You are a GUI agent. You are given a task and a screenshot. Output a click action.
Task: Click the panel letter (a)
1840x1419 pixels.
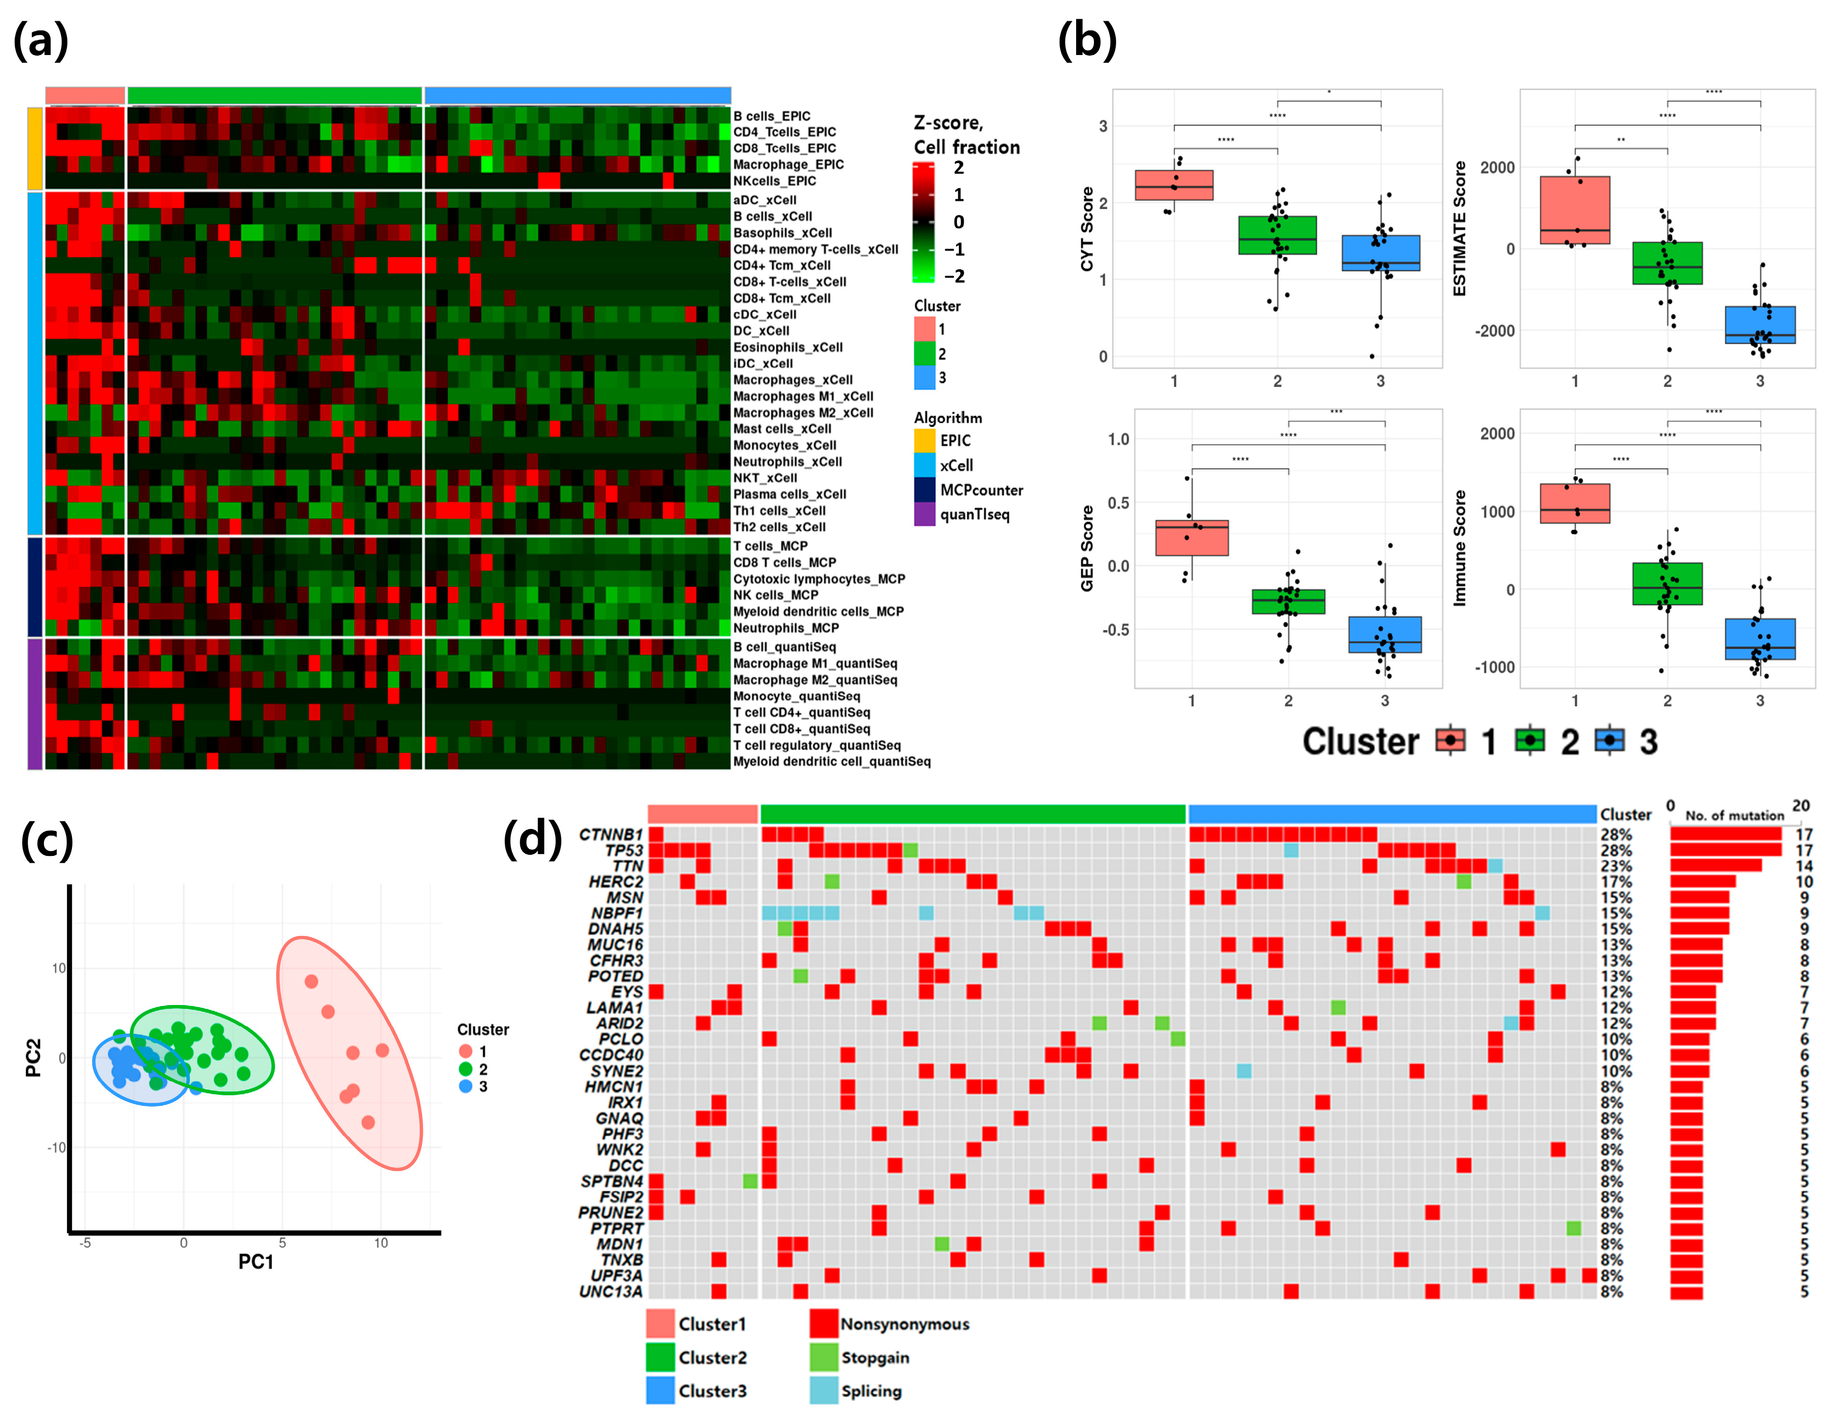point(41,41)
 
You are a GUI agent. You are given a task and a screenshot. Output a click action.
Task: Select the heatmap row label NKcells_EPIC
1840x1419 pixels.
point(774,181)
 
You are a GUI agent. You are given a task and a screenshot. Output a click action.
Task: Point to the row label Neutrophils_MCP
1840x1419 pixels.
point(785,628)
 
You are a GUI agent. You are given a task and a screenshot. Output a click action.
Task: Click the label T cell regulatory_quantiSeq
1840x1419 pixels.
point(816,745)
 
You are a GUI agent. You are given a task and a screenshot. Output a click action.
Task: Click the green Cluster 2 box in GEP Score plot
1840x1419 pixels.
point(1287,601)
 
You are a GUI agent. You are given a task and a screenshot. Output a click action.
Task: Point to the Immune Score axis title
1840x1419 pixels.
point(1459,548)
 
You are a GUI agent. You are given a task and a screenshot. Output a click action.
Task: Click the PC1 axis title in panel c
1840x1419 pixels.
point(255,1262)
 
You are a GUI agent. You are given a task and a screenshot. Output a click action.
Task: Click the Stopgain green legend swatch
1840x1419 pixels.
point(823,1357)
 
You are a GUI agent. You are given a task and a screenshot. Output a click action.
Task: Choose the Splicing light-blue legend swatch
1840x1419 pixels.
point(823,1391)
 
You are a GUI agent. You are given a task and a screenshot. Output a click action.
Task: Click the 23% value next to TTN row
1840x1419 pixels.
point(1616,866)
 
